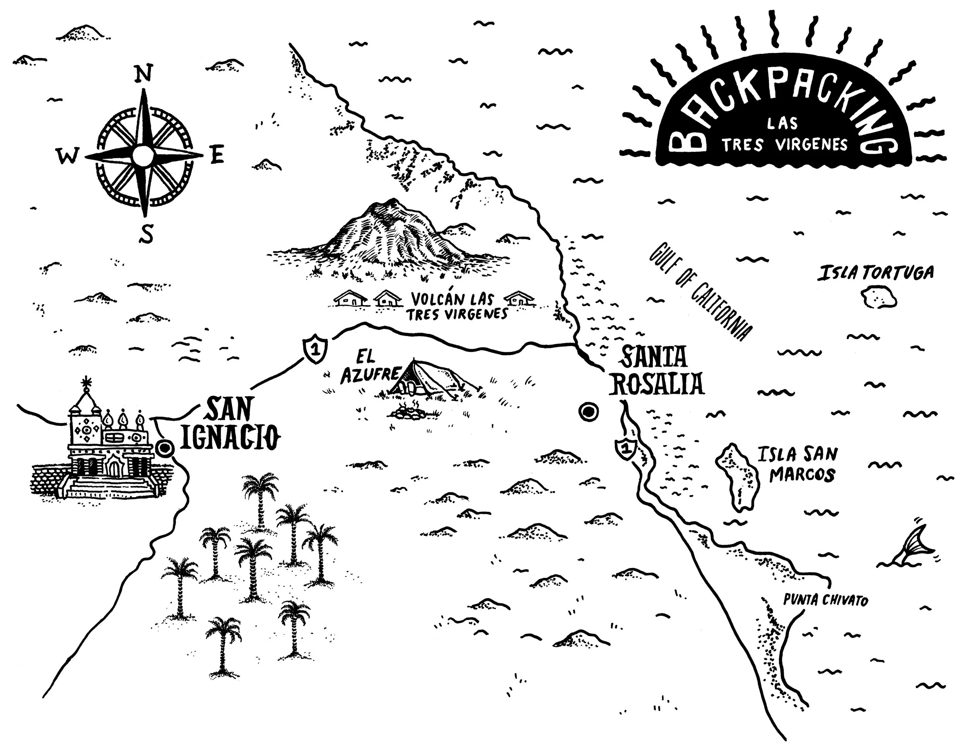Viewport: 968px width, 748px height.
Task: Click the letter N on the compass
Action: [x=143, y=74]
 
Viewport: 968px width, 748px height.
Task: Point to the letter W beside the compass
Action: [x=68, y=156]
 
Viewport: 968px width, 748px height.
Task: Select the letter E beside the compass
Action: [x=217, y=155]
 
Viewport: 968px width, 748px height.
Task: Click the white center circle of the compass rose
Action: [x=143, y=155]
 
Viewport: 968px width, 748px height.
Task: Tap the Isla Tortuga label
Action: [x=875, y=273]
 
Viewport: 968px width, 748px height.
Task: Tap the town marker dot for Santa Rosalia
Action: [x=588, y=412]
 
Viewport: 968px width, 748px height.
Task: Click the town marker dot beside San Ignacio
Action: [x=165, y=448]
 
